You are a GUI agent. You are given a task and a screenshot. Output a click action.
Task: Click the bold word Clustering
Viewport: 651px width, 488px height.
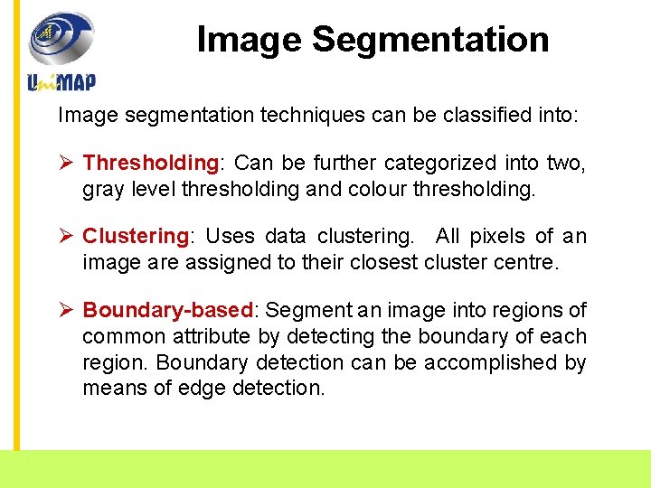tap(135, 237)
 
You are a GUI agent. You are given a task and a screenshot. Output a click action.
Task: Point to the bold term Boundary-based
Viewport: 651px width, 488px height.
tap(167, 311)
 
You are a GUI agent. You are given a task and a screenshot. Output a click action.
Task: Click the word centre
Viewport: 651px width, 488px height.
tap(531, 263)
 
